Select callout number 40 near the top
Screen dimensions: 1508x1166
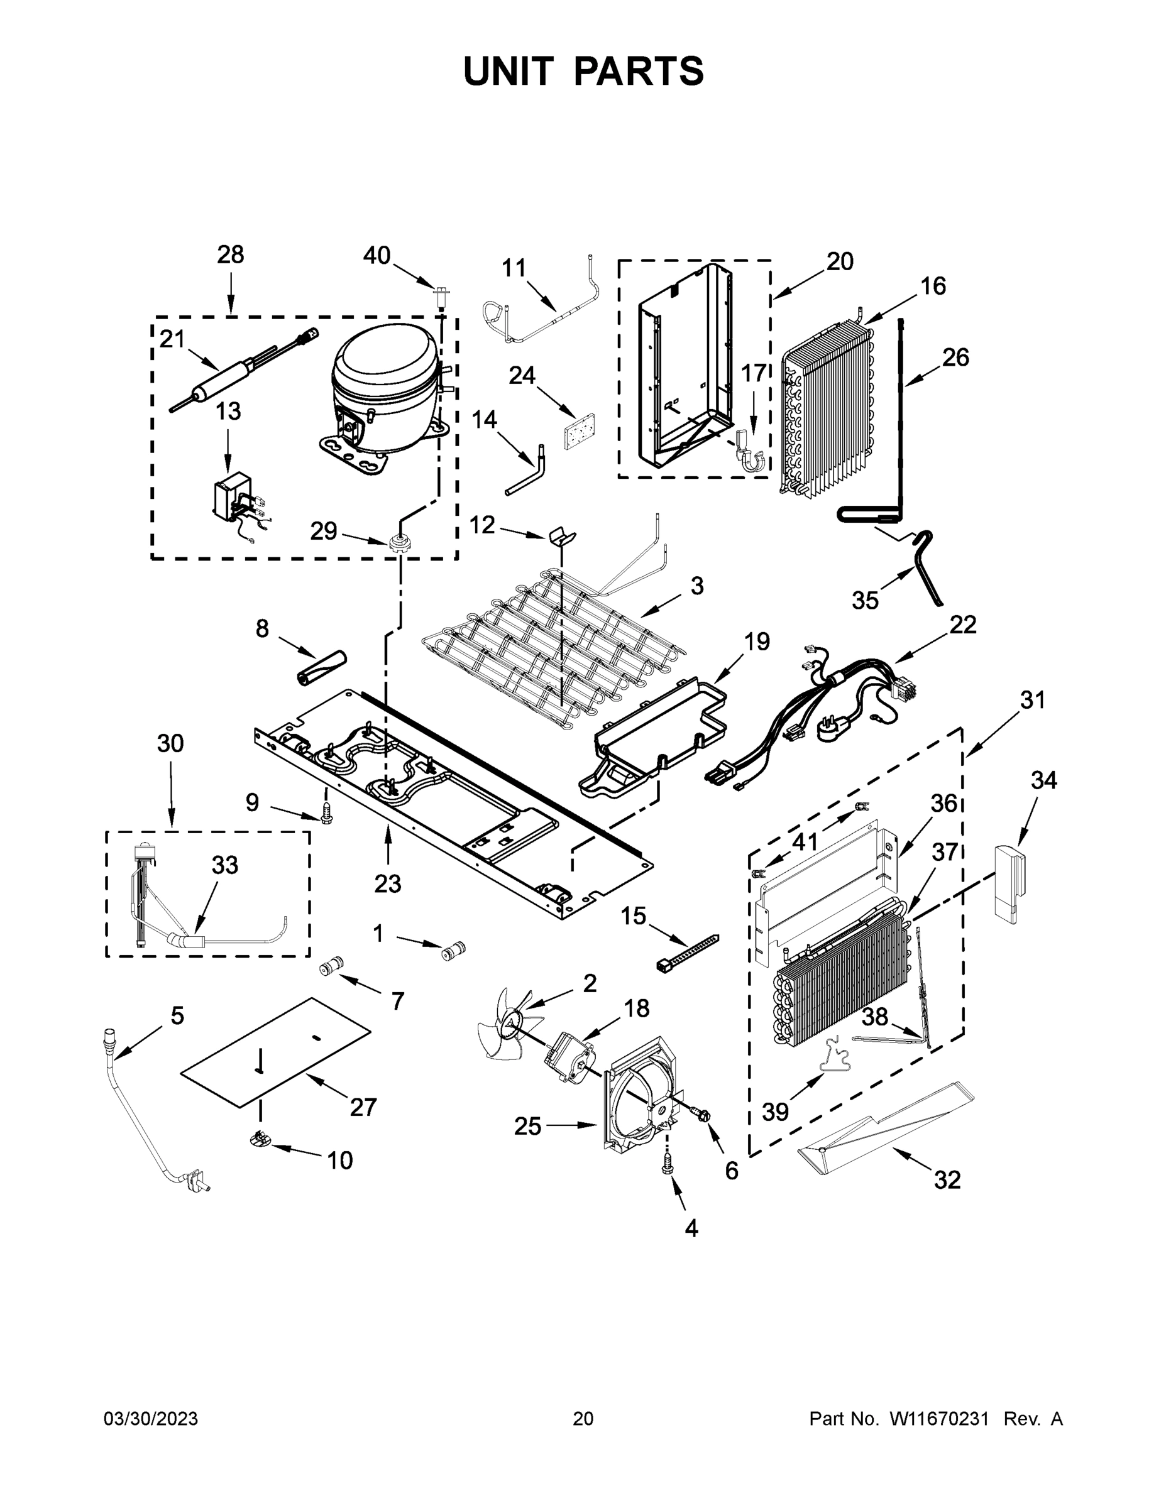(377, 256)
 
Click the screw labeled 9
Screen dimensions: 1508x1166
(326, 812)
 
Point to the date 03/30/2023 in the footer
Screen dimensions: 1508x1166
(151, 1419)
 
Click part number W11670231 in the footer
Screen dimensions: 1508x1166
(938, 1419)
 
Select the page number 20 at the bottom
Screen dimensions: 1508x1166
(583, 1419)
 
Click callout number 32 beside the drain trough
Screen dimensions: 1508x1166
(947, 1180)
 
